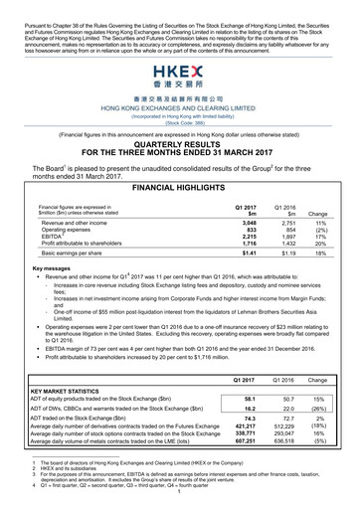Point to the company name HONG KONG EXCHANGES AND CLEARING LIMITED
click(x=179, y=105)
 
